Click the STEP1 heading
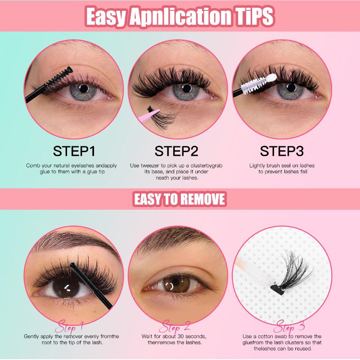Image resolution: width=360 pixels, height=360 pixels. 74,151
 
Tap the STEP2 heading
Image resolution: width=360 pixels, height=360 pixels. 176,151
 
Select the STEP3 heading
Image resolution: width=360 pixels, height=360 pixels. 282,151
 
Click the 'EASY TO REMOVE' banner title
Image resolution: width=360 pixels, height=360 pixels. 180,199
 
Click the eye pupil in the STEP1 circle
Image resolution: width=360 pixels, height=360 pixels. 84,89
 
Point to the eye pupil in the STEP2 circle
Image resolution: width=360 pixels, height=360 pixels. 186,88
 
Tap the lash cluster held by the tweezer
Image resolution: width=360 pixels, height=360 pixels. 162,117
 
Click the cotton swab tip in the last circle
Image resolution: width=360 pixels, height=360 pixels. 240,264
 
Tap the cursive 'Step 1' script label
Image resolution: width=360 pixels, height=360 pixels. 70,326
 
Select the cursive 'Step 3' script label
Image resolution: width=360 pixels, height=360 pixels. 289,326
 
